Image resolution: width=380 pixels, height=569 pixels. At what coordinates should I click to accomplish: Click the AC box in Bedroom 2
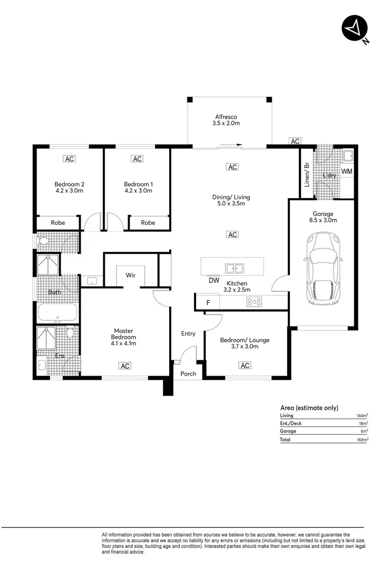coord(69,159)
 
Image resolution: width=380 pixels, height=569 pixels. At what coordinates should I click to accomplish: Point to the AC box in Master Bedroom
coord(124,366)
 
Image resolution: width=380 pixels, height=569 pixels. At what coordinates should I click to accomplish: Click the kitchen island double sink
coord(235,268)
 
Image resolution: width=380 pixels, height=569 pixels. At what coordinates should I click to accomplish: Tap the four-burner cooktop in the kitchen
coord(255,302)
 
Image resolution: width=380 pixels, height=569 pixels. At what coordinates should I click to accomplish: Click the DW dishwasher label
coord(213,281)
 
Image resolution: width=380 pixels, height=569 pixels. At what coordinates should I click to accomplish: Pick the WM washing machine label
coord(346,172)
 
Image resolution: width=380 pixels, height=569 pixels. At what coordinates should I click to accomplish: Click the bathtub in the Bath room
coord(58,312)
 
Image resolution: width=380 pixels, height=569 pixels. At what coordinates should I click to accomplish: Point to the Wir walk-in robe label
coord(131,275)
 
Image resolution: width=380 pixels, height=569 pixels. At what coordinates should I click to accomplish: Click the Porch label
coord(188,374)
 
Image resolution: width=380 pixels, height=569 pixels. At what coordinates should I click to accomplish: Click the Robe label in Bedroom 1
coord(148,223)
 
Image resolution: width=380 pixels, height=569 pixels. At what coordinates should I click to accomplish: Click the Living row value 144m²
coord(362,416)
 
